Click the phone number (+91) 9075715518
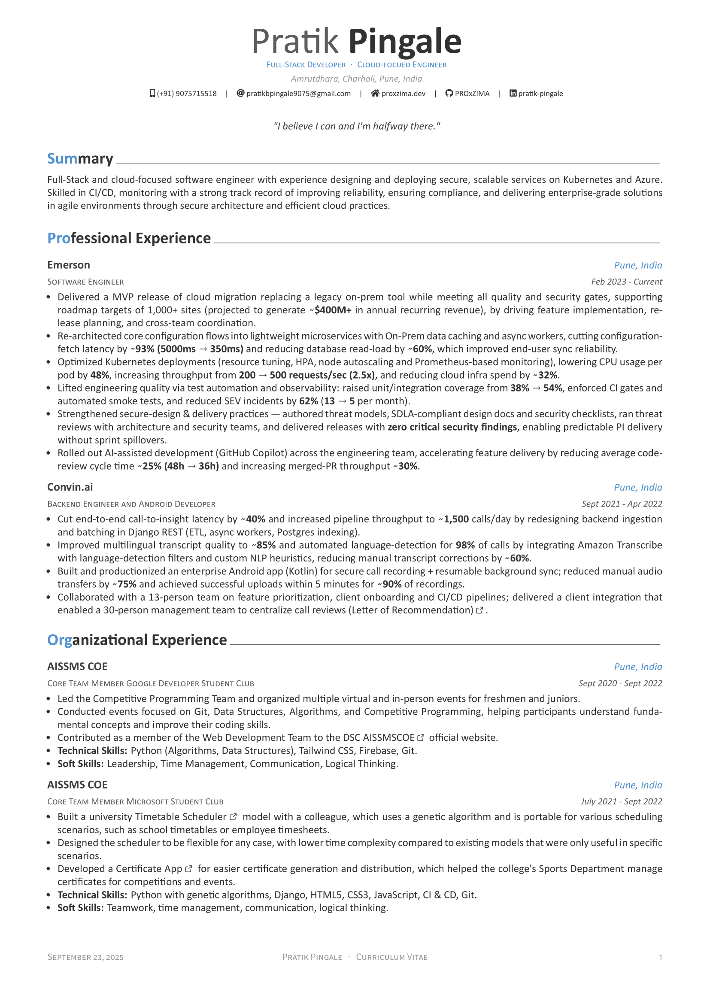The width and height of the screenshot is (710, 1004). (x=187, y=94)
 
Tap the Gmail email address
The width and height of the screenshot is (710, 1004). (x=298, y=94)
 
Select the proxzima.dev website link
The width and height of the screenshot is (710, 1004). (x=403, y=94)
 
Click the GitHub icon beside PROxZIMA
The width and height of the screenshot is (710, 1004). (x=449, y=93)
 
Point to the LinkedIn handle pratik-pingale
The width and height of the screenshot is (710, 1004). (x=540, y=94)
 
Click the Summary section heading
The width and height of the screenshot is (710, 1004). (x=80, y=158)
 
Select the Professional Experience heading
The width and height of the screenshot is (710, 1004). (x=129, y=238)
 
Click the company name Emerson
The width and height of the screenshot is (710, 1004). (x=69, y=265)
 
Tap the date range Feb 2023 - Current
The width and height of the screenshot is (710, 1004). (x=626, y=282)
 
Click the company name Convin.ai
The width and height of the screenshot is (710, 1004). (x=70, y=487)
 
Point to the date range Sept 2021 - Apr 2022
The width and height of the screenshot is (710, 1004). (x=622, y=504)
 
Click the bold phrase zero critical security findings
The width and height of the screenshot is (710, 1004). (x=452, y=427)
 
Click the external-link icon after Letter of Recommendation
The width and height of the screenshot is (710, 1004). (x=479, y=610)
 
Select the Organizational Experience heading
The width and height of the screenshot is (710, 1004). (x=137, y=640)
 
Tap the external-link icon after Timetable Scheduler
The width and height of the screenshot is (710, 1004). (x=233, y=817)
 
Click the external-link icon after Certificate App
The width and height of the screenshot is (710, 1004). (x=189, y=869)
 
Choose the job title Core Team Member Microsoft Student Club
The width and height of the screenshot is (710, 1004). (x=135, y=801)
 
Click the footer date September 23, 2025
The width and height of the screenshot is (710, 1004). (x=85, y=957)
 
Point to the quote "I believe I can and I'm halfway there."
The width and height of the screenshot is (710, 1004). (x=357, y=126)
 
